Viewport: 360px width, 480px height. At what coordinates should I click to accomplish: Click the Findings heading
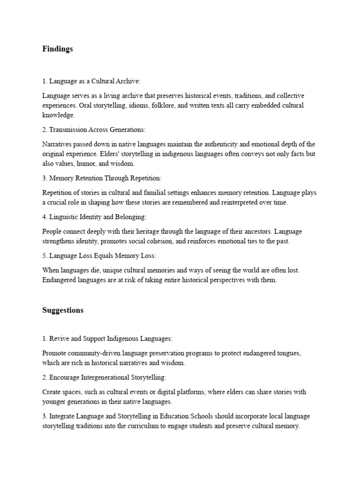(58, 49)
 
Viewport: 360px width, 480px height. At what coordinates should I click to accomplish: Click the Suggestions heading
(63, 310)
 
